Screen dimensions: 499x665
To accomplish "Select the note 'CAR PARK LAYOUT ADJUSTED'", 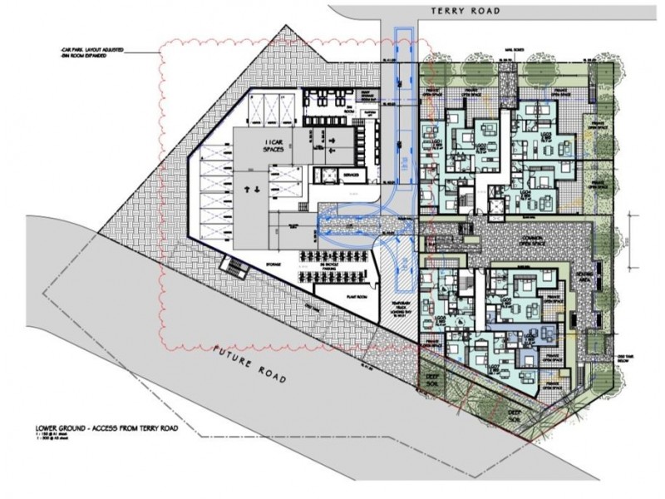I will [91, 51].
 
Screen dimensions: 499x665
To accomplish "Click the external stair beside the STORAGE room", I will [231, 266].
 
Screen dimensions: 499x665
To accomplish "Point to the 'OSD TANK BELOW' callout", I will [625, 357].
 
